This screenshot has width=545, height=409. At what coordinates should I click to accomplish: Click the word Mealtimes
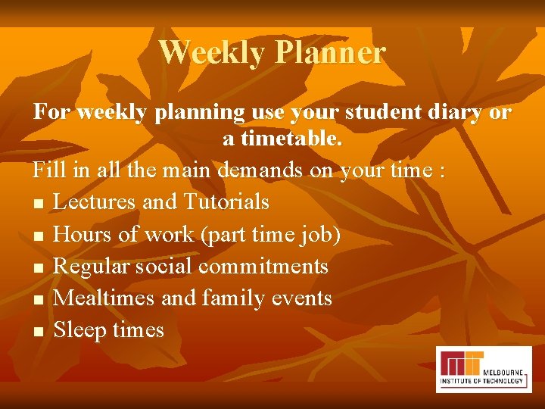coord(105,298)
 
